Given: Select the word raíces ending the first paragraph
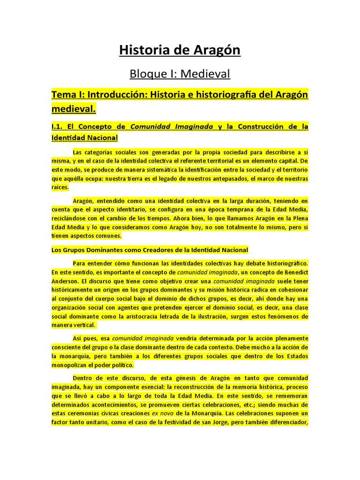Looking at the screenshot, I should (x=60, y=187).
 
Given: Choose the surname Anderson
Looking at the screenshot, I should (x=65, y=281).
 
